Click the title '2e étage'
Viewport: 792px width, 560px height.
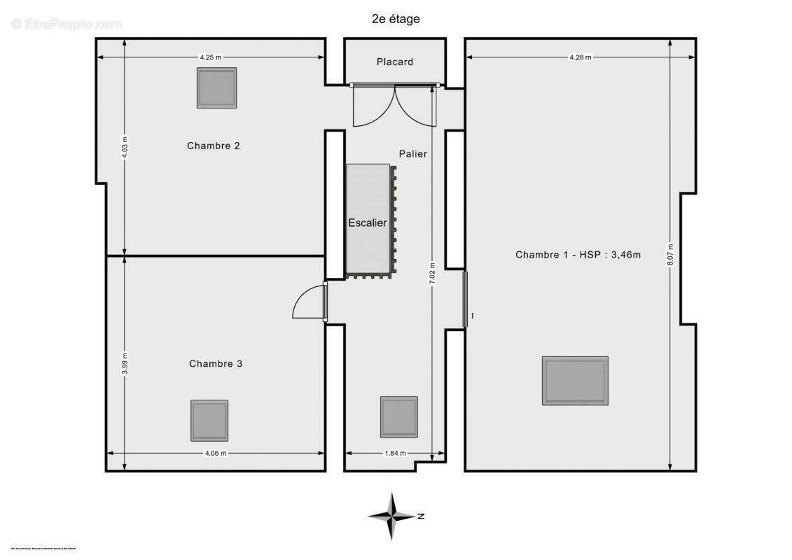point(396,19)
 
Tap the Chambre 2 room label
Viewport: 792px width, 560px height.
point(214,146)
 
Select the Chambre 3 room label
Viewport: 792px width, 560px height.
point(216,363)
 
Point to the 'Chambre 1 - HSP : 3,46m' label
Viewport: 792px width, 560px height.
point(578,255)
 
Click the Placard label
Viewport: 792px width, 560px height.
point(395,62)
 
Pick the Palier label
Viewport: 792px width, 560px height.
point(413,153)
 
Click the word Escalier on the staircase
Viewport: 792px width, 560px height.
point(368,223)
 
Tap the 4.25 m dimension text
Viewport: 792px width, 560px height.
point(210,57)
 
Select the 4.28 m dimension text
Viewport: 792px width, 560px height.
point(581,57)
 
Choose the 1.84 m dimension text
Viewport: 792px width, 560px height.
point(395,453)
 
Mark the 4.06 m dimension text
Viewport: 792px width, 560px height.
point(216,453)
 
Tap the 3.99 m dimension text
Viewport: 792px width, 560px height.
point(125,363)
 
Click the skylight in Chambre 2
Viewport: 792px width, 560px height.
point(216,87)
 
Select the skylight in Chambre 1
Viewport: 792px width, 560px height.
point(575,381)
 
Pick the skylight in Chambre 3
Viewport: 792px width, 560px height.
point(209,420)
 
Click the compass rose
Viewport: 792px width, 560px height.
point(393,517)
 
